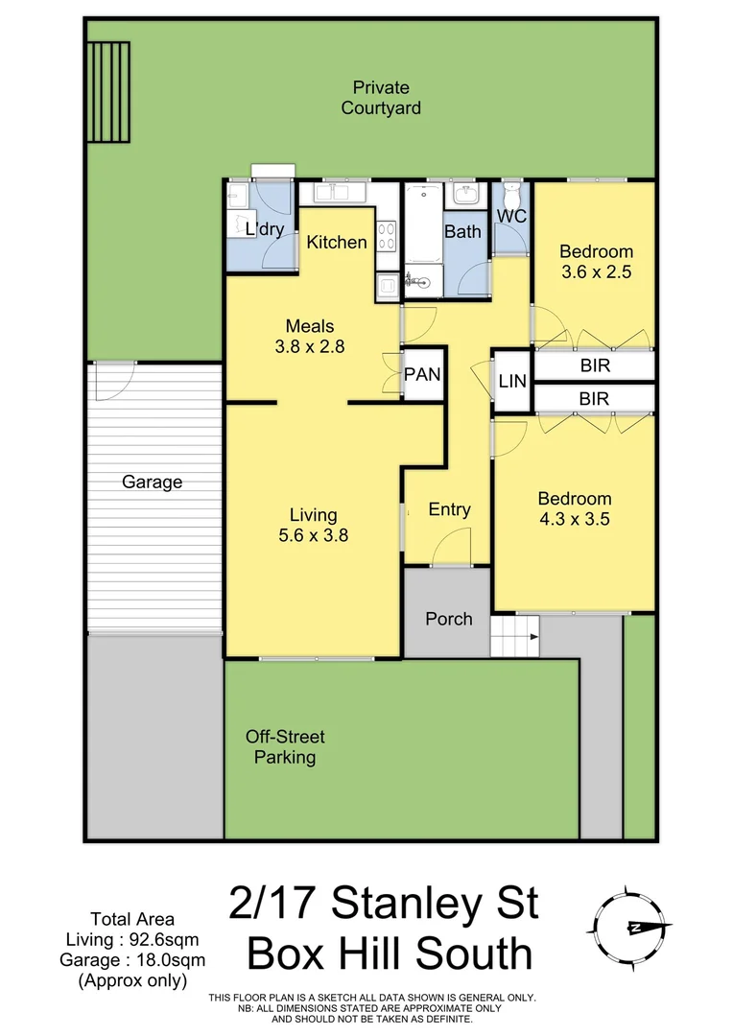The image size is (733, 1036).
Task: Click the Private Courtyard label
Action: (381, 97)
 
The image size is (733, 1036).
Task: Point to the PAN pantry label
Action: (422, 374)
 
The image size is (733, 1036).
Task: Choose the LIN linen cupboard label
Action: (512, 381)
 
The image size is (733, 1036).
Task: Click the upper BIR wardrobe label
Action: (595, 365)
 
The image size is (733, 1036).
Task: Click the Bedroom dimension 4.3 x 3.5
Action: (574, 519)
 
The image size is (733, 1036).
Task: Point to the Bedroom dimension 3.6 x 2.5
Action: (596, 271)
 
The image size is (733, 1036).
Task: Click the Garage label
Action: (152, 483)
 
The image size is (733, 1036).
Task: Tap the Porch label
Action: (448, 619)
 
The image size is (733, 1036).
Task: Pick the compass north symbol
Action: (632, 927)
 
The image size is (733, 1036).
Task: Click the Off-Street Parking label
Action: (285, 747)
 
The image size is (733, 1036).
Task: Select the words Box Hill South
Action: (390, 954)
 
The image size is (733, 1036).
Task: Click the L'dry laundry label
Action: (264, 229)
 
